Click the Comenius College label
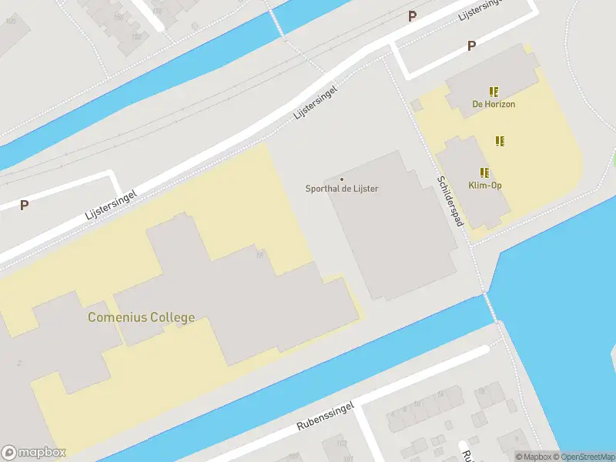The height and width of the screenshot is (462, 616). coord(141,317)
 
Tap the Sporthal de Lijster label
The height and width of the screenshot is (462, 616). coord(342,189)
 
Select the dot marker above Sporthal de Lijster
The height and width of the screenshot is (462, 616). coord(342,179)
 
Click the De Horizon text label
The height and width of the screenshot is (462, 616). coord(494,104)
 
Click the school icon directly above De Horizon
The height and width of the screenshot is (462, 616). coord(494,92)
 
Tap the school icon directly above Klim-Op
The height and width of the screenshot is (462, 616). coord(484,172)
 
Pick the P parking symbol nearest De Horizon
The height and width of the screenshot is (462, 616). coord(471,46)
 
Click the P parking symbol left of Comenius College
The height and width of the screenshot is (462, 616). coord(24,206)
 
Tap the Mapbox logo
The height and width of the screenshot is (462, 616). coord(34,453)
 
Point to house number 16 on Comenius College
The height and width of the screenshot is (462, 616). coord(260,256)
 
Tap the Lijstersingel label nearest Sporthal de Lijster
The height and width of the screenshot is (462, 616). coord(316,102)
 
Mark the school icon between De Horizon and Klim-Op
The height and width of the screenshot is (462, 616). coord(500,141)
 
